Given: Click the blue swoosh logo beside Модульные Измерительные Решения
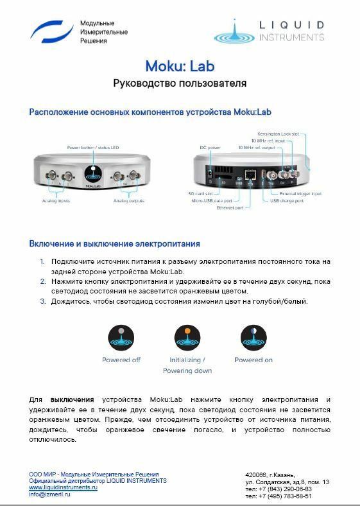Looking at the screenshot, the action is (52, 31).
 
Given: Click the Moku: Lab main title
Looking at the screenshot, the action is (180, 66).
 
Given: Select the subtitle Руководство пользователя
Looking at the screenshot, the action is (180, 83).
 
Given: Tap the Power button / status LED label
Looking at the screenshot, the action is (94, 148).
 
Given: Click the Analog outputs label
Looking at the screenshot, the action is (130, 201).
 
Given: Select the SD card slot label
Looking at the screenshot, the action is (200, 193).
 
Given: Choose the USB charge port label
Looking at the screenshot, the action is (286, 200).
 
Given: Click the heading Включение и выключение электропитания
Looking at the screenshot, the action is (114, 244).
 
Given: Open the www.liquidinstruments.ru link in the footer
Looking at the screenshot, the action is (63, 488).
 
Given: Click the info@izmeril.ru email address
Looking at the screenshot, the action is (49, 495).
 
